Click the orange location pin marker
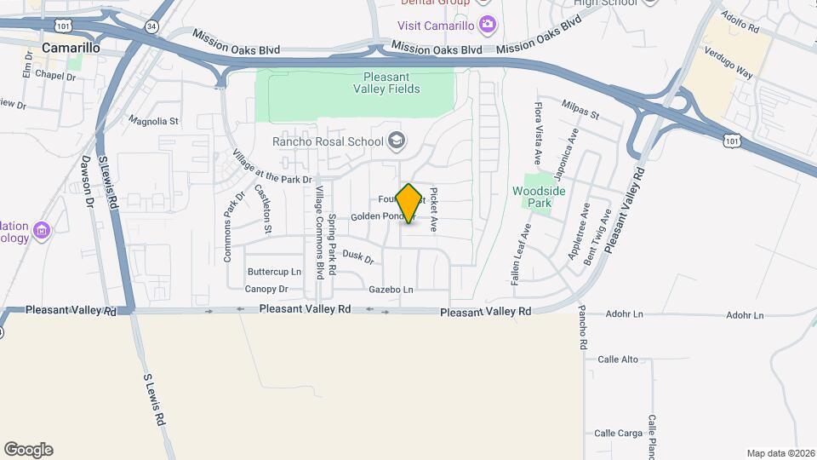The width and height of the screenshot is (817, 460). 408,203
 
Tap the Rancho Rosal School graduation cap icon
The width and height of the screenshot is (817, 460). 396,140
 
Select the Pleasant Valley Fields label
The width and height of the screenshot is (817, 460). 386,82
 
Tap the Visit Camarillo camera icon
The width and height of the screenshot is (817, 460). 486,23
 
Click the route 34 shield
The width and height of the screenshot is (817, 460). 151,26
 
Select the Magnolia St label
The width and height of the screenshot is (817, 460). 153,122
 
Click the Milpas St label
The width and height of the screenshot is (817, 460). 580,109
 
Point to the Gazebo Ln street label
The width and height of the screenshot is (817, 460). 391,290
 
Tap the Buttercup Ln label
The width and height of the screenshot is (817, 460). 274,272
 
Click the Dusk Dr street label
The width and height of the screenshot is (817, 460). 358,255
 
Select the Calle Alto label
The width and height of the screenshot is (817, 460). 617,359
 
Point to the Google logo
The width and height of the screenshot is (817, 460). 28,450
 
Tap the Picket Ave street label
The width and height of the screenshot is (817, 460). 433,210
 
